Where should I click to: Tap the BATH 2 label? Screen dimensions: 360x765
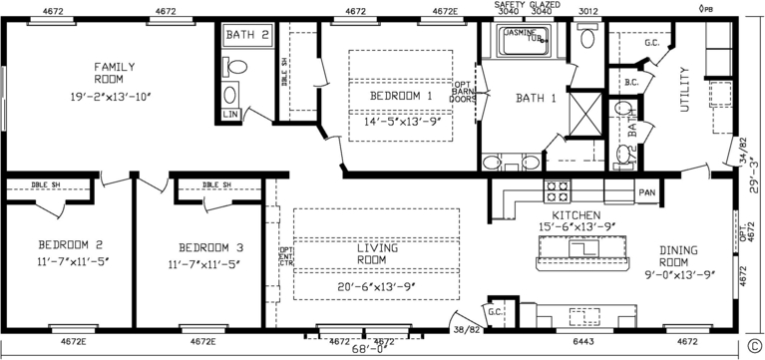click(246, 35)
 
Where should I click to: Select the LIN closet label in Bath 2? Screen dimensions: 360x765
click(230, 115)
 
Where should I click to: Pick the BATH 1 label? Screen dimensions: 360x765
click(536, 98)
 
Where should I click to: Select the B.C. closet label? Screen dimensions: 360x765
click(631, 82)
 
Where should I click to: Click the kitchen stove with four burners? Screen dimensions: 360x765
click(556, 189)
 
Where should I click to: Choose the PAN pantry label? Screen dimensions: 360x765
click(646, 192)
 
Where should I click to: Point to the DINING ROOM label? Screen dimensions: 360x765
click(677, 256)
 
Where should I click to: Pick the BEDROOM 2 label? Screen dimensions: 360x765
click(71, 244)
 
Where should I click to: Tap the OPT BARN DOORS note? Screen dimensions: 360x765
click(464, 92)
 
